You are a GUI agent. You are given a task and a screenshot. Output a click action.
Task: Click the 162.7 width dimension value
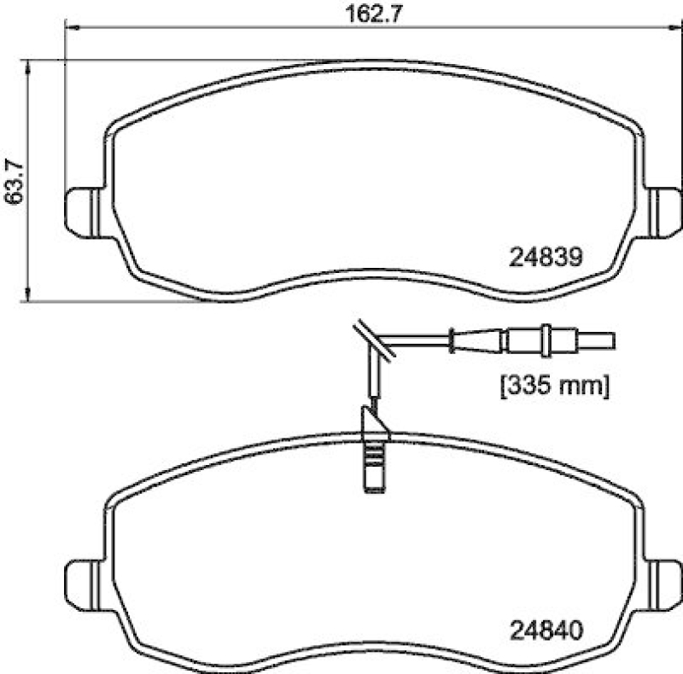point(373,14)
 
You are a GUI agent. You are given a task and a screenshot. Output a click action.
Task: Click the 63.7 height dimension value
point(14,182)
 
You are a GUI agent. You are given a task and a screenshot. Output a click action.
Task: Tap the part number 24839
point(546,257)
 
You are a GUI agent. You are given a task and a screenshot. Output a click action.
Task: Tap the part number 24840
point(546,630)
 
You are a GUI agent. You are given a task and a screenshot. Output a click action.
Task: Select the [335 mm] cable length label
point(555,386)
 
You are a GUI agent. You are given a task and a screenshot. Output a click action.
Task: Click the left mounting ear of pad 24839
point(84,212)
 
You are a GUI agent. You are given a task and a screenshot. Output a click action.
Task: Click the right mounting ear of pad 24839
point(663,212)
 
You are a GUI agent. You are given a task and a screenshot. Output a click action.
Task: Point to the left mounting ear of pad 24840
point(84,585)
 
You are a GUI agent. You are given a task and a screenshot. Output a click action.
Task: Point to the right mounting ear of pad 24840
point(663,585)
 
